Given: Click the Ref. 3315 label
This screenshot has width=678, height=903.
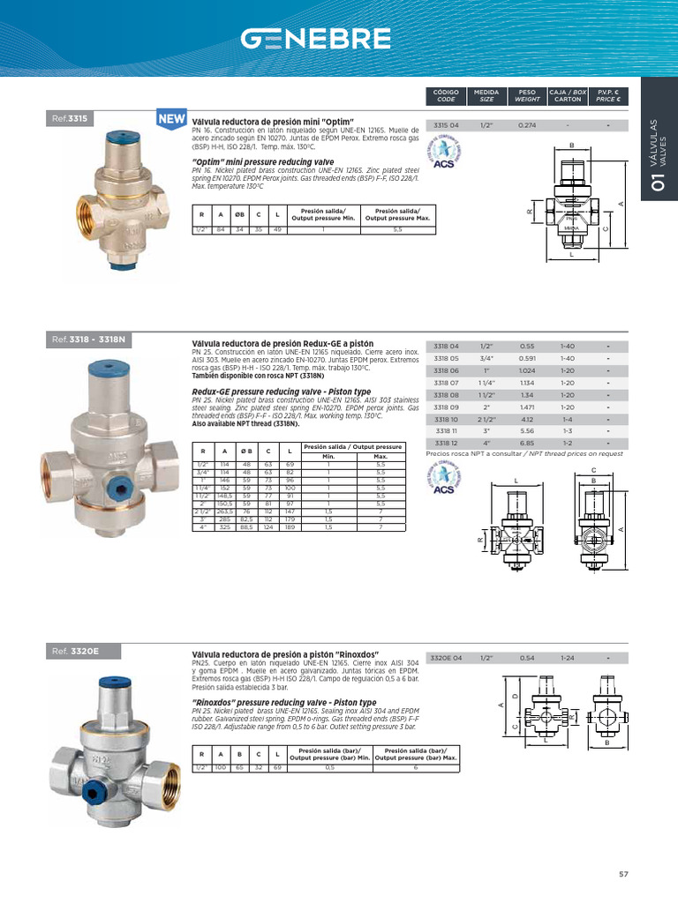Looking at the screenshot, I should click(72, 116).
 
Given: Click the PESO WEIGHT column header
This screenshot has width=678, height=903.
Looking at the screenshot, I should click(527, 95).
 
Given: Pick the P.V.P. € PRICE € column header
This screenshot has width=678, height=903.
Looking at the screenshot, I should click(608, 95).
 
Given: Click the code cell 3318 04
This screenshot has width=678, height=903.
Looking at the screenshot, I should click(447, 347).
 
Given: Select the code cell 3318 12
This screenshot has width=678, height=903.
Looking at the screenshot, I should click(447, 443).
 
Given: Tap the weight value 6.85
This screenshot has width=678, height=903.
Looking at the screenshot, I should click(527, 443).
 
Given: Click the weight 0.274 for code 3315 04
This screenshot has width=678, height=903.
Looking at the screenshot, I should click(527, 126).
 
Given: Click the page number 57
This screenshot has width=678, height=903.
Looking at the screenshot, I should click(623, 874).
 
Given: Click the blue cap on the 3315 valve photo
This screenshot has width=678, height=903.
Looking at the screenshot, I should click(120, 138).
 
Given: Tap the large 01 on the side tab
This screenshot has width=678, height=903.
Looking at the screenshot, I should click(655, 183).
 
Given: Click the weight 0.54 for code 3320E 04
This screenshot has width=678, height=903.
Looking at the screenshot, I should click(527, 659).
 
